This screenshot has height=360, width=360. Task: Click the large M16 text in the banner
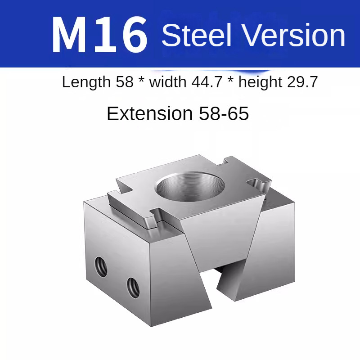coord(99,35)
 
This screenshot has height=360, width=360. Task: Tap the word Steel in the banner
coord(196,35)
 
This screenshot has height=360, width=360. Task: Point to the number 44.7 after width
coord(207,82)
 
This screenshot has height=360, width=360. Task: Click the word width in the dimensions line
coord(168,82)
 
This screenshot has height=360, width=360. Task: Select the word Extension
coord(150,113)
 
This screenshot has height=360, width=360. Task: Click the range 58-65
coord(224,113)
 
